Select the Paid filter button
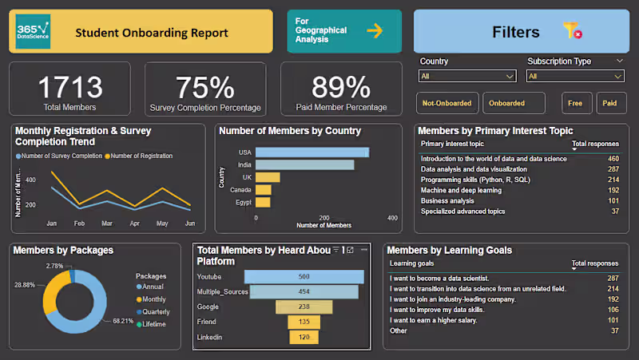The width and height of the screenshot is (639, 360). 609,103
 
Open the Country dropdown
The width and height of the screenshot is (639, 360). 467,77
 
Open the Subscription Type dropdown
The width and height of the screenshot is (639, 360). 575,77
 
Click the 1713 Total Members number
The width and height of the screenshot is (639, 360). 70,87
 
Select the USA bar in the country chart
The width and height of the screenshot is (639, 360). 312,152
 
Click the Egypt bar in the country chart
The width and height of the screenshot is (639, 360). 263,203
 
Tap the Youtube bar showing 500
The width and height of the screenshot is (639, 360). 304,277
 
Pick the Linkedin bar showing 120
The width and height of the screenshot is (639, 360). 304,338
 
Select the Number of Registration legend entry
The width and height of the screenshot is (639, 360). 140,156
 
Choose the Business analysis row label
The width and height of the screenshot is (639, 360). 447,201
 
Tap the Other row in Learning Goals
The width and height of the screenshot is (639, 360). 399,330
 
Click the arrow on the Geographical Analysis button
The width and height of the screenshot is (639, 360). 374,31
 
